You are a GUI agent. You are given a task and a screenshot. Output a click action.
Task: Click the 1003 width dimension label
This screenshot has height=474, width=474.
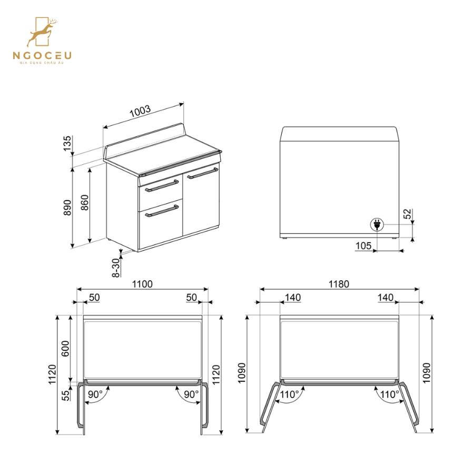coord(140,112)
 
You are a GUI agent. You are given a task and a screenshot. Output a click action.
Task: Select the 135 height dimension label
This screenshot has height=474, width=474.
coord(67,144)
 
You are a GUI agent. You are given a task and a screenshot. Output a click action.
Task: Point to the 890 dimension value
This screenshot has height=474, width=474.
coord(67,208)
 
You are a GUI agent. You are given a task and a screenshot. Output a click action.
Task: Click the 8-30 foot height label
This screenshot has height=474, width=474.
coord(115,267)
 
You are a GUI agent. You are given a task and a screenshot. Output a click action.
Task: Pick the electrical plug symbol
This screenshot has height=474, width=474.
coord(377,225)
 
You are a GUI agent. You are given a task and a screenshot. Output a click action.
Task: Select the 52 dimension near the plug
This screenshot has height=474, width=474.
coord(407,213)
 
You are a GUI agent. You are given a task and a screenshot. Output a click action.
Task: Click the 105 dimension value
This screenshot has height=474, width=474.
coord(363,245)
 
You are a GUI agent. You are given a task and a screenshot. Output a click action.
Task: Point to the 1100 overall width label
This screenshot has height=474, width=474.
coord(142,284)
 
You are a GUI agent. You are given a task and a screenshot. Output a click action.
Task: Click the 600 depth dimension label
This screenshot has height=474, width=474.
coord(66,348)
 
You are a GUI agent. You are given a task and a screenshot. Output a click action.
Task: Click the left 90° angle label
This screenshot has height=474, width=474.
coord(95,394)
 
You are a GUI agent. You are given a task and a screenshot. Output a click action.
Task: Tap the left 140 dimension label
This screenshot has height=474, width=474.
coord(292,298)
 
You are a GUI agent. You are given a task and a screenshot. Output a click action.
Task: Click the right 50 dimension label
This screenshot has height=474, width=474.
coord(191,298)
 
